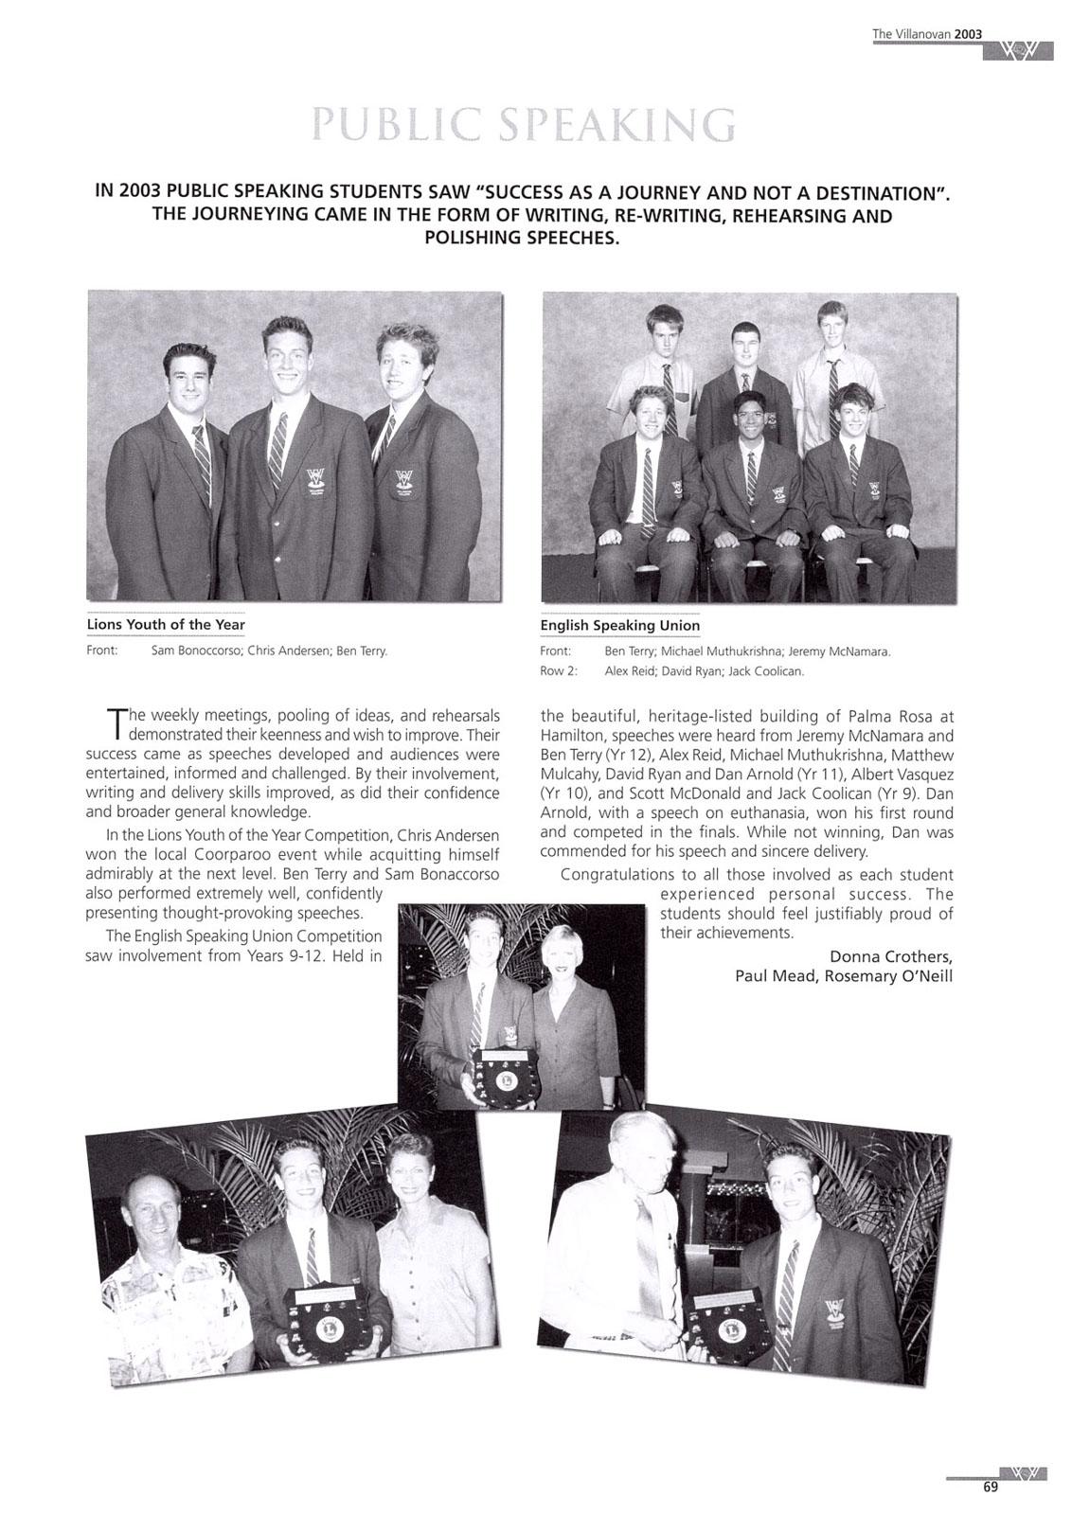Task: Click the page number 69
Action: click(990, 1487)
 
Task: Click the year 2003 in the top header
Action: click(969, 34)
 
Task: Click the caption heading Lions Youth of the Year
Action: click(166, 624)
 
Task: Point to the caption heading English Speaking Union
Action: click(620, 625)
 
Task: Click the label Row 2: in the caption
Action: click(559, 671)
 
